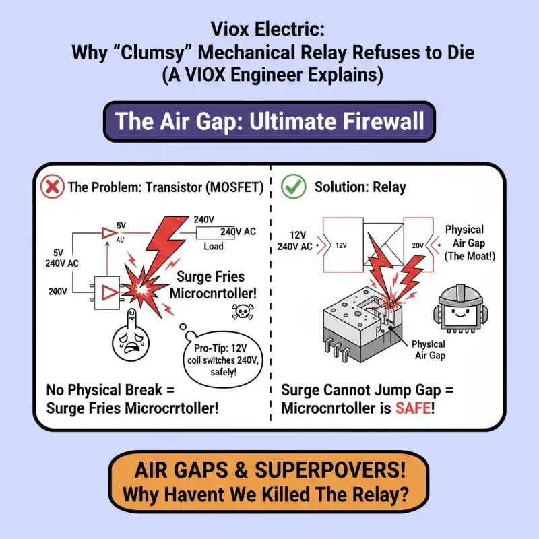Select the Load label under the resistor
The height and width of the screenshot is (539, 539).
pos(213,247)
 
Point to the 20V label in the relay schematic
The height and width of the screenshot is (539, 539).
pos(416,246)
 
